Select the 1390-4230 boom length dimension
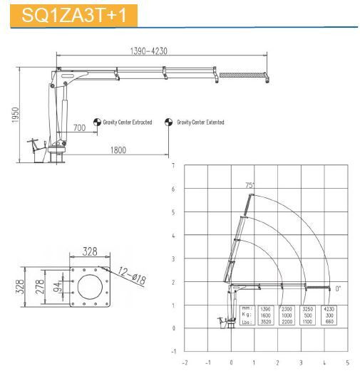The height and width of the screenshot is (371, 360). coord(150,51)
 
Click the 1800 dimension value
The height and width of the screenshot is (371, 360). coord(118,150)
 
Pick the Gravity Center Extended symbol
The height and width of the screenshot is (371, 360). coord(169,122)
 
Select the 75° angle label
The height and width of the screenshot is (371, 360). coord(250,185)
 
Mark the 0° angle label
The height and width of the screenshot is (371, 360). coord(338,288)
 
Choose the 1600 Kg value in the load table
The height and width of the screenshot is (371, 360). coord(266,315)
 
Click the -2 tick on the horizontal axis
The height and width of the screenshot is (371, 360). coord(185,362)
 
